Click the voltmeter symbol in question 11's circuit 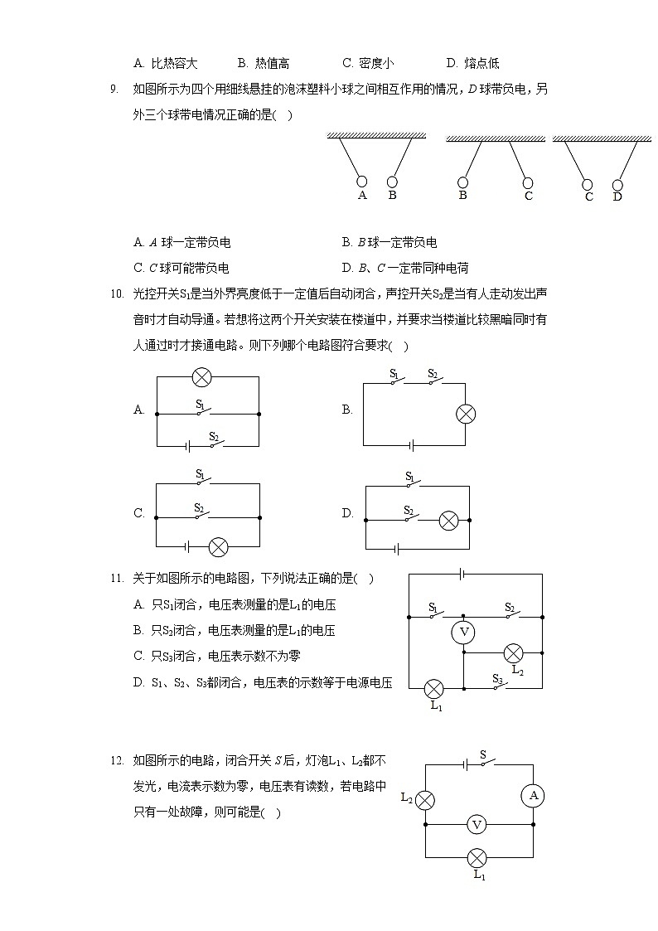464,633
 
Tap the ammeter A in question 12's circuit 532,796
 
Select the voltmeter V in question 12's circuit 476,824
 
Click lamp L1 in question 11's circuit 433,688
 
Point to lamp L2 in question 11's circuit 514,652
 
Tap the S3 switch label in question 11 497,678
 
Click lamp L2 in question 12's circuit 425,800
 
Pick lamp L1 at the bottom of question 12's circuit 477,857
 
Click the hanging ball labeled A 362,182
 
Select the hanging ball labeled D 617,185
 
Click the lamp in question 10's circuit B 467,414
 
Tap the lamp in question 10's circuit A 201,377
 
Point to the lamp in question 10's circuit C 218,547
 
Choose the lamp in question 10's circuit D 448,520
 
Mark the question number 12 116,759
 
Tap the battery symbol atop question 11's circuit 461,573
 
